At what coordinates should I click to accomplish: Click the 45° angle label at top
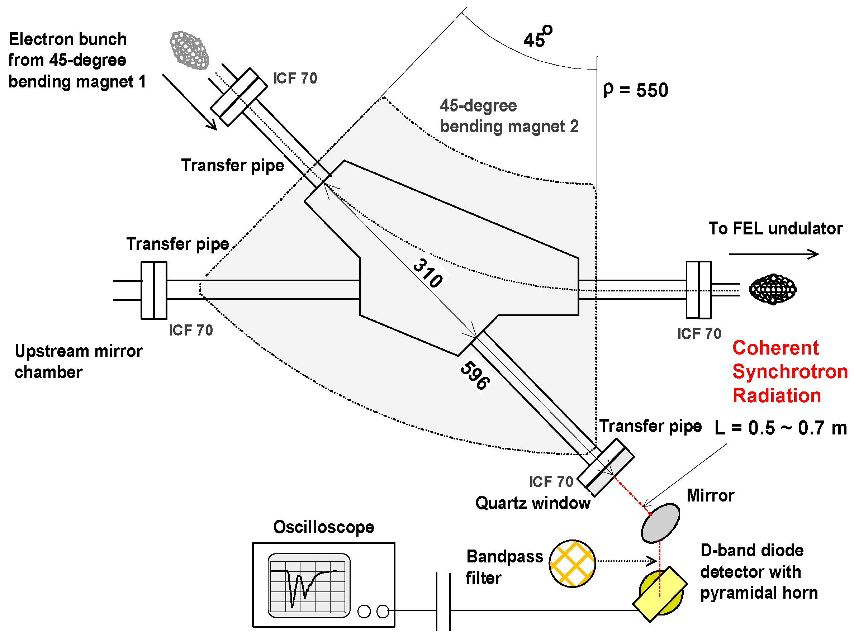tap(537, 38)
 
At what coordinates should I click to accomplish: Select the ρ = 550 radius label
tap(635, 90)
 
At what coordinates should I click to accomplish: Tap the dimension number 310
tap(427, 273)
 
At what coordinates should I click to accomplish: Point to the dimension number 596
tap(475, 375)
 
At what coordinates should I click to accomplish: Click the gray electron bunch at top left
tap(189, 51)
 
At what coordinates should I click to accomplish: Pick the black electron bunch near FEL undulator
tap(772, 289)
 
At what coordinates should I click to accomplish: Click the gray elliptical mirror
tap(660, 523)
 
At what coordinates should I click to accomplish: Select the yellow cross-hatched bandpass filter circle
tap(572, 564)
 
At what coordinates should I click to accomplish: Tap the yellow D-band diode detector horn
tap(660, 594)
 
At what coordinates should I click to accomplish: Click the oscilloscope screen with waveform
tap(308, 585)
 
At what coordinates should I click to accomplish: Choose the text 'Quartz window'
tap(532, 503)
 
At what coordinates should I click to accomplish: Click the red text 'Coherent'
tap(775, 348)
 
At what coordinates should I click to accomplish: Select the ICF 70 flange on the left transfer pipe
tap(153, 290)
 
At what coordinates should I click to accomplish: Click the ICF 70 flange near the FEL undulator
tap(698, 290)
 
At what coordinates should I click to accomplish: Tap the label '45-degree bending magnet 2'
tap(509, 116)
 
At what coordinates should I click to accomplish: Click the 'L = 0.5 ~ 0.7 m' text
tap(781, 428)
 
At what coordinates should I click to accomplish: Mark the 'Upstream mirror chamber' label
tap(78, 361)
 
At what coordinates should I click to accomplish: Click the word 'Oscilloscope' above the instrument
tap(323, 527)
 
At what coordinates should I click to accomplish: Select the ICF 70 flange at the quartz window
tap(605, 467)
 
